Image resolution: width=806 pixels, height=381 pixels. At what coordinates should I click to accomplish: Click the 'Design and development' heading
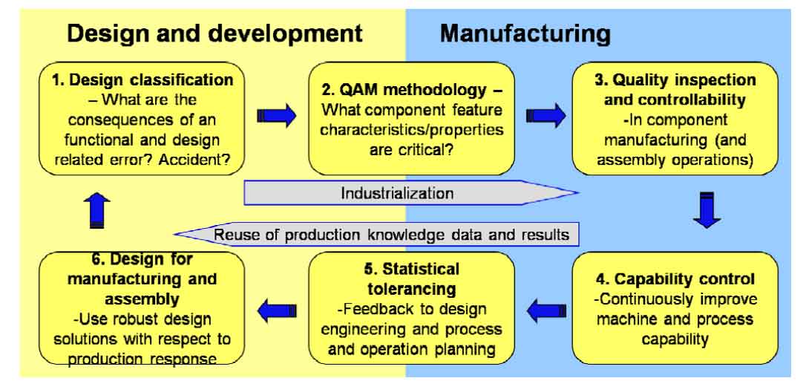point(215,33)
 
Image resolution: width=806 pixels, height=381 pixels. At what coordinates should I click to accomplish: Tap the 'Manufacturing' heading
point(525,33)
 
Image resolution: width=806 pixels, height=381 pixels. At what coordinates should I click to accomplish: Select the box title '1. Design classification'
point(143,80)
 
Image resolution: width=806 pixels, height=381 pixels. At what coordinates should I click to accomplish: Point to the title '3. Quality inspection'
point(665,80)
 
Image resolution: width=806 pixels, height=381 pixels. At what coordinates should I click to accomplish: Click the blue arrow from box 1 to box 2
point(276,117)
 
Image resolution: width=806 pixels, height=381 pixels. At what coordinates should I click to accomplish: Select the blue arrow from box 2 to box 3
point(545,117)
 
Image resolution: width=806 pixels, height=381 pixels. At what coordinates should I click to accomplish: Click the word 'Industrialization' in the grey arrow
point(397,194)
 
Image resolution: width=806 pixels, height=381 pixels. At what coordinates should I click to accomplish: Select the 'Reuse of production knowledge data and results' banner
point(391,235)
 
